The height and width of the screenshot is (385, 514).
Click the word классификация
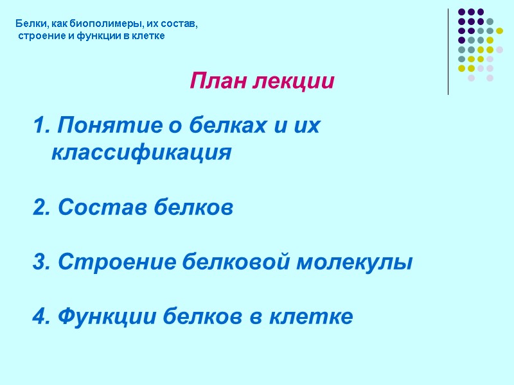pyautogui.click(x=141, y=153)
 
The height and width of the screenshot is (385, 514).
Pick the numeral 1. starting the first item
pyautogui.click(x=41, y=126)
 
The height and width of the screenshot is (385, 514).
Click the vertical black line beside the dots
pyautogui.click(x=448, y=51)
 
